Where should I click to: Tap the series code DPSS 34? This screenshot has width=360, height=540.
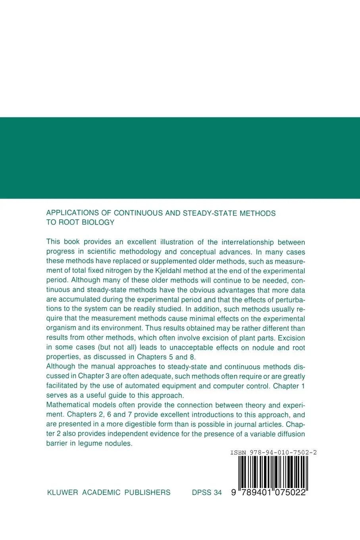[x=206, y=492]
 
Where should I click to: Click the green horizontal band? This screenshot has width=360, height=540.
[x=180, y=158]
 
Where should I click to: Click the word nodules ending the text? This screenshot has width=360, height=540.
[x=119, y=443]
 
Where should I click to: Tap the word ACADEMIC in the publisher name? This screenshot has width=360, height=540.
[x=101, y=492]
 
